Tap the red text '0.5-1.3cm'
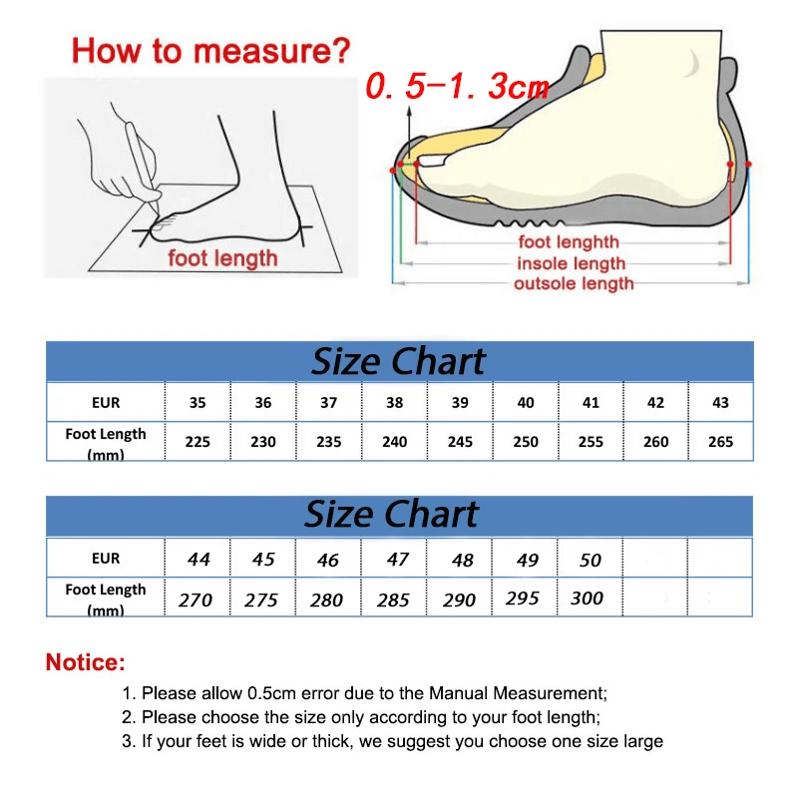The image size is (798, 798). [x=457, y=87]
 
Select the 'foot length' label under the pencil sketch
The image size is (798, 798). [x=222, y=259]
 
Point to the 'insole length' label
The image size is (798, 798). [x=571, y=263]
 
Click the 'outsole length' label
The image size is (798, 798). [x=573, y=284]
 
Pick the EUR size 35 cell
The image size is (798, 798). [x=198, y=403]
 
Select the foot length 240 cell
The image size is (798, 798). [x=395, y=442]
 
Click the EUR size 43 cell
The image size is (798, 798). [x=720, y=403]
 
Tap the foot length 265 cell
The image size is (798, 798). [x=720, y=442]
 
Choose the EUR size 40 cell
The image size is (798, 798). [x=526, y=403]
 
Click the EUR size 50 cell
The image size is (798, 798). [x=591, y=560]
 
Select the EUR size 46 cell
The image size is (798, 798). [x=328, y=560]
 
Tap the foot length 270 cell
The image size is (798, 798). [x=197, y=599]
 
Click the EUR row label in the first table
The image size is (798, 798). [x=105, y=403]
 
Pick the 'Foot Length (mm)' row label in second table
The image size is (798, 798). [x=105, y=598]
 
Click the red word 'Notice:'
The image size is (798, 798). [x=86, y=661]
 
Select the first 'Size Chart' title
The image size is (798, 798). [x=398, y=361]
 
